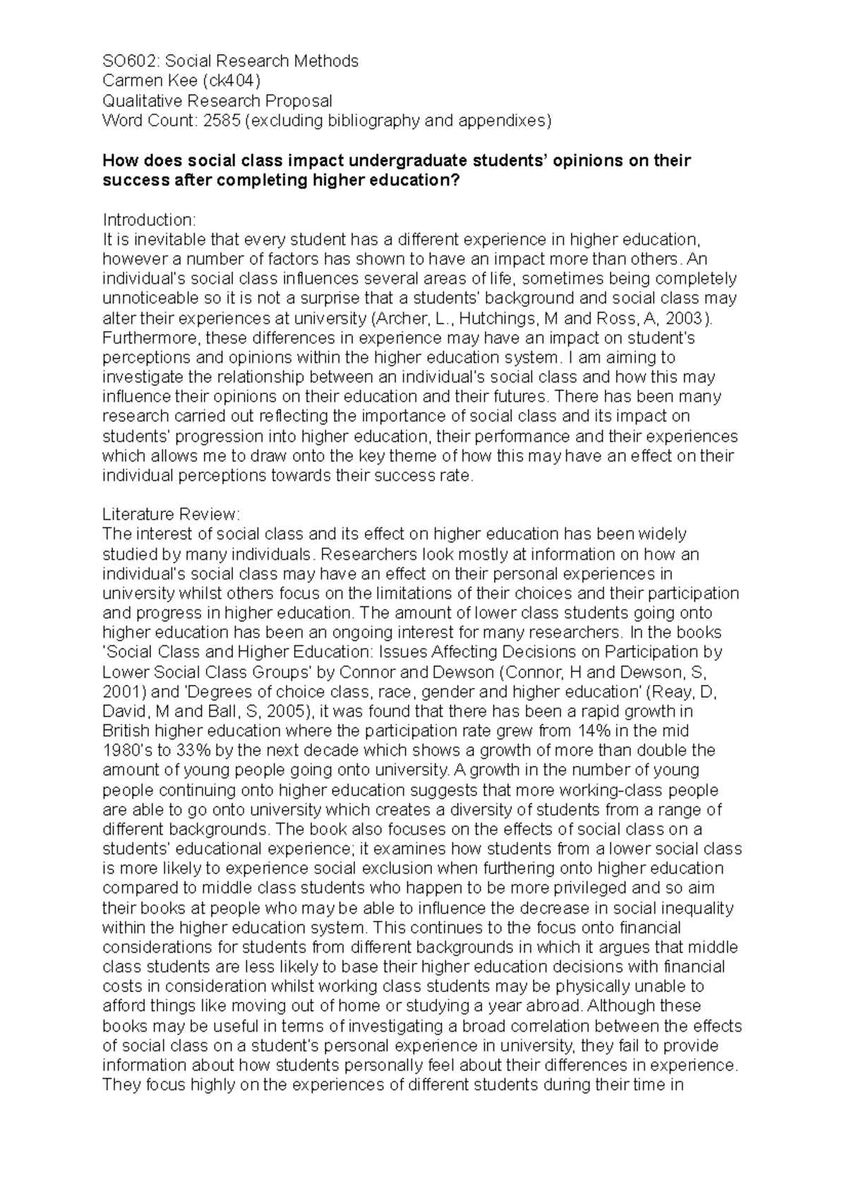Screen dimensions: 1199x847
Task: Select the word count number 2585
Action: pos(222,121)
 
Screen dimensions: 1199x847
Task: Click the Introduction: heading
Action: pos(149,220)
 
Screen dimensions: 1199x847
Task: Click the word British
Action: pos(126,731)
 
